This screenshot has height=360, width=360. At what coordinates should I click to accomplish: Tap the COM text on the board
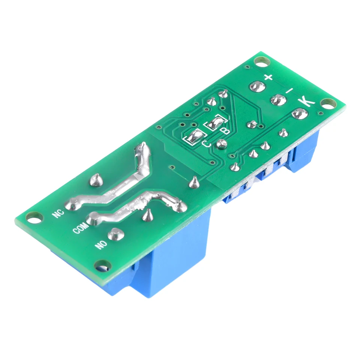pos(81,227)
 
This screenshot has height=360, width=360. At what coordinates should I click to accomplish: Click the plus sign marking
pos(268,78)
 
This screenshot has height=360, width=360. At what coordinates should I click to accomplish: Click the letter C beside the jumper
pos(206,143)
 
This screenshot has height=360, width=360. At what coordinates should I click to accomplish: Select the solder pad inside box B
pos(215,123)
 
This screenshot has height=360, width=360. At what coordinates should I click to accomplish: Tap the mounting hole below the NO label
pos(101,265)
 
